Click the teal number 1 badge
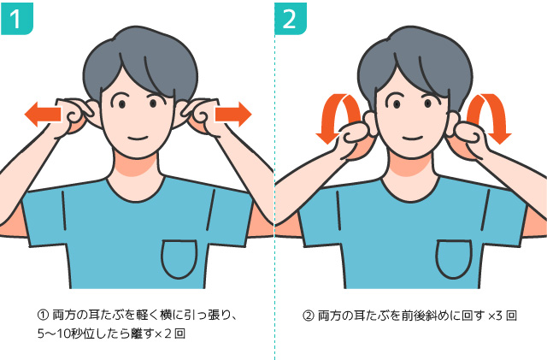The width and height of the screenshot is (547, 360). (17, 19)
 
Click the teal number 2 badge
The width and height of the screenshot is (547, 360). (291, 19)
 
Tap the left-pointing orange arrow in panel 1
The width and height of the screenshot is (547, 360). (43, 115)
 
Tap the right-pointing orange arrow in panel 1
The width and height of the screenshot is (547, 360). (233, 115)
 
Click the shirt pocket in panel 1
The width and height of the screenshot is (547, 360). (179, 259)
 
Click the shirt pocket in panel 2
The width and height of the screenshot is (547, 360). (454, 259)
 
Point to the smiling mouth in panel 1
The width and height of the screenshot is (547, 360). (138, 138)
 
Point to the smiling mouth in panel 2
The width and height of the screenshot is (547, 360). (412, 138)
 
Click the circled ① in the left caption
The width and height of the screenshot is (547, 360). (43, 316)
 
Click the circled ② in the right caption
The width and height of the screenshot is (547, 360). (309, 316)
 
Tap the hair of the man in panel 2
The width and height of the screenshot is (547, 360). (415, 59)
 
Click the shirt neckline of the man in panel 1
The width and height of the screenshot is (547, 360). (135, 194)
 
